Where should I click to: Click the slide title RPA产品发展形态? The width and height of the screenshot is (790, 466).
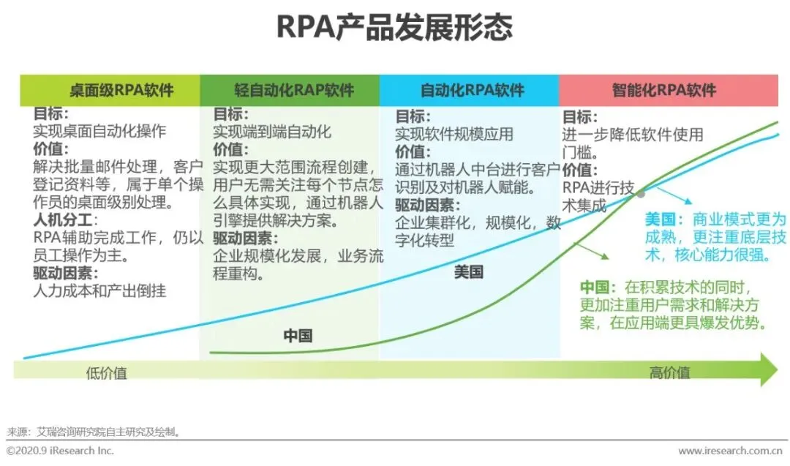(394, 27)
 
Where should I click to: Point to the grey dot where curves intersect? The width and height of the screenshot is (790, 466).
(641, 193)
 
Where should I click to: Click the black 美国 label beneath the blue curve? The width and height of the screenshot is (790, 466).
(469, 273)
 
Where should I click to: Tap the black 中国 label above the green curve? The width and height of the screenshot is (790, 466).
(298, 336)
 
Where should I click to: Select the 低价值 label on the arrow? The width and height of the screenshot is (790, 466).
(106, 373)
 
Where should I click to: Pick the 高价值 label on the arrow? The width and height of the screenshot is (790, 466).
(669, 373)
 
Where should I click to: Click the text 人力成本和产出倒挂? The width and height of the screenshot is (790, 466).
(100, 290)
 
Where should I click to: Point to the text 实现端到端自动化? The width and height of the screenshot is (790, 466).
(272, 132)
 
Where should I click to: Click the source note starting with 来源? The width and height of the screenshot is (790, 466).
(93, 432)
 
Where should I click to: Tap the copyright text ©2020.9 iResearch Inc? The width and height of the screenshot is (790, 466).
(60, 451)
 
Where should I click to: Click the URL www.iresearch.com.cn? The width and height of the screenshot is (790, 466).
(732, 451)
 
